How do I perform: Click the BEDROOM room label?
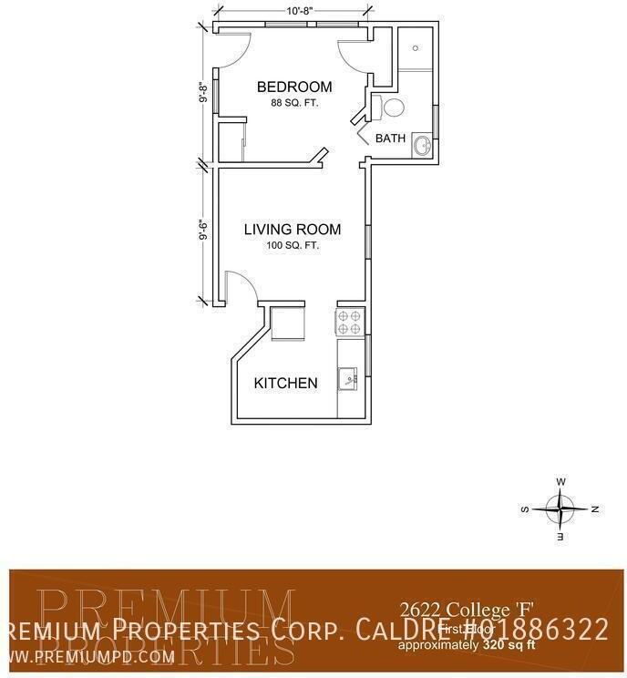tap(293, 87)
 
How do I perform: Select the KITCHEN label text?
tap(285, 383)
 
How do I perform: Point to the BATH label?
tap(390, 139)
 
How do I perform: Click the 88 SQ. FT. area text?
tap(293, 103)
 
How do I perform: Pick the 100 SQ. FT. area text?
tap(292, 245)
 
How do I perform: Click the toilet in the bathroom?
tap(391, 108)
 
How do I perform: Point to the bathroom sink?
tap(422, 145)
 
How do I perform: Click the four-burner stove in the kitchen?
tap(351, 321)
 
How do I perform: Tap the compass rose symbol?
tap(560, 508)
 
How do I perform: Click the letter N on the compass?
tap(594, 508)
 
